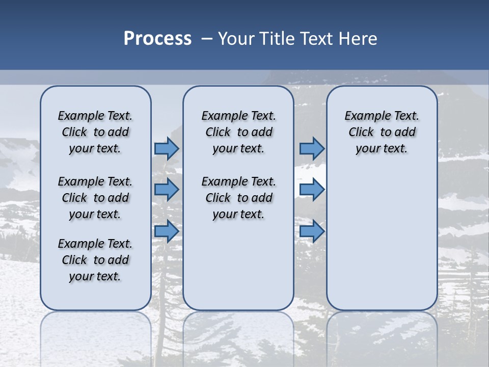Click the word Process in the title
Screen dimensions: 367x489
coord(157,39)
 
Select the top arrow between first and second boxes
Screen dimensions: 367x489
coord(167,148)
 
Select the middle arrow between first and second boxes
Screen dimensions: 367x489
coord(167,190)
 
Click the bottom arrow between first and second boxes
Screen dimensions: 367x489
coord(167,231)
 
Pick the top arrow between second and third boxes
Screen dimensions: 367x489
coord(312,148)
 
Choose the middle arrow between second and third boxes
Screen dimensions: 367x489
coord(312,190)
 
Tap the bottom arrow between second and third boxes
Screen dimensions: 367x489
coord(312,231)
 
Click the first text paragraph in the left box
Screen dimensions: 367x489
coord(95,132)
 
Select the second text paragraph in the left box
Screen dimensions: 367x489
coord(95,198)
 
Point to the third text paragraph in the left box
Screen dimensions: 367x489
coord(95,260)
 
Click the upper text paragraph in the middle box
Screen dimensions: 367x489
coord(238,132)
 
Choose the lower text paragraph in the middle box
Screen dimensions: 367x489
coord(238,198)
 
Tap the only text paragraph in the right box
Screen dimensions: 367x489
coord(382,132)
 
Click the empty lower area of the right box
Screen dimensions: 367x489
coord(382,240)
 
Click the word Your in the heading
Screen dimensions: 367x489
coord(236,39)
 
